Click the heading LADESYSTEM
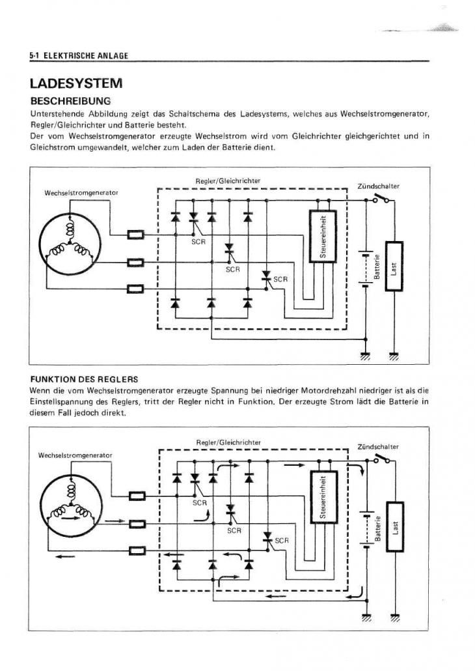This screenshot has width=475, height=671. [x=75, y=83]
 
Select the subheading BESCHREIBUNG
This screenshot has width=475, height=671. [x=70, y=102]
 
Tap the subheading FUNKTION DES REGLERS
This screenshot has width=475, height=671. [x=84, y=378]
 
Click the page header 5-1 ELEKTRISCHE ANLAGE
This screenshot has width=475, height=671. [x=78, y=56]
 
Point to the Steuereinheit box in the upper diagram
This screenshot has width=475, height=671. [x=322, y=235]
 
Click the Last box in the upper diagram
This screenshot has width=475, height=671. [x=394, y=266]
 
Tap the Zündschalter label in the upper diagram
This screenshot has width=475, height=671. [x=379, y=186]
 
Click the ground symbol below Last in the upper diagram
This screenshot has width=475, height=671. [x=394, y=356]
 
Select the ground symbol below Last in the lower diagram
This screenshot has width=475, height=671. [x=394, y=616]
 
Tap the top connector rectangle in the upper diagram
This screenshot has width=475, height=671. [x=135, y=235]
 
